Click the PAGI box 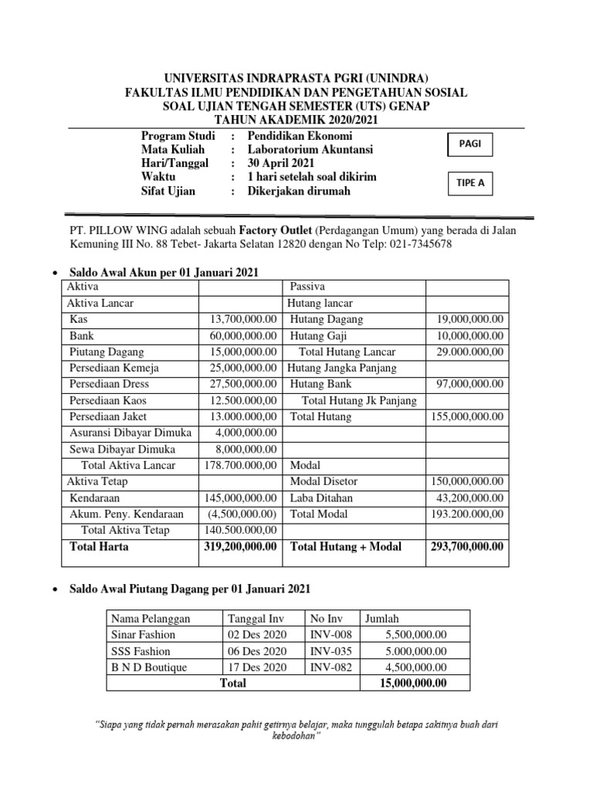[x=470, y=144]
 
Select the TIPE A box [x=470, y=184]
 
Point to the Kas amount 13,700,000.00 [x=243, y=320]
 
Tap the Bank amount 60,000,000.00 [x=243, y=336]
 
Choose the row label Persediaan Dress [x=109, y=384]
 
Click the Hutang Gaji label [x=318, y=336]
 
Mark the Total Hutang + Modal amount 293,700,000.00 [x=466, y=547]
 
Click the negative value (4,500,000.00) [x=242, y=514]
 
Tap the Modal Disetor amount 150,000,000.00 [x=466, y=481]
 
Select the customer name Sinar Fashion [x=143, y=635]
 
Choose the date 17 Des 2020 [x=257, y=667]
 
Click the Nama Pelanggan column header [x=151, y=619]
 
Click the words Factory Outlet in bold [x=275, y=230]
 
